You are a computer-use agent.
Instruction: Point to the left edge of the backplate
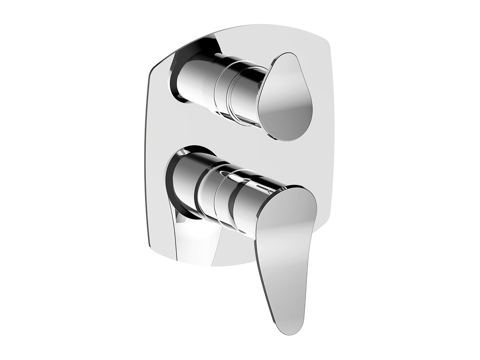point(148,157)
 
